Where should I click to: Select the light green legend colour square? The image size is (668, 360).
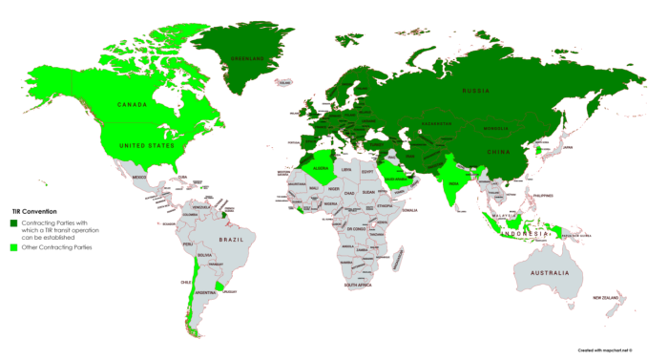[15, 247]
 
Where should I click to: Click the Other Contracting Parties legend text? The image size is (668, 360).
[62, 247]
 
